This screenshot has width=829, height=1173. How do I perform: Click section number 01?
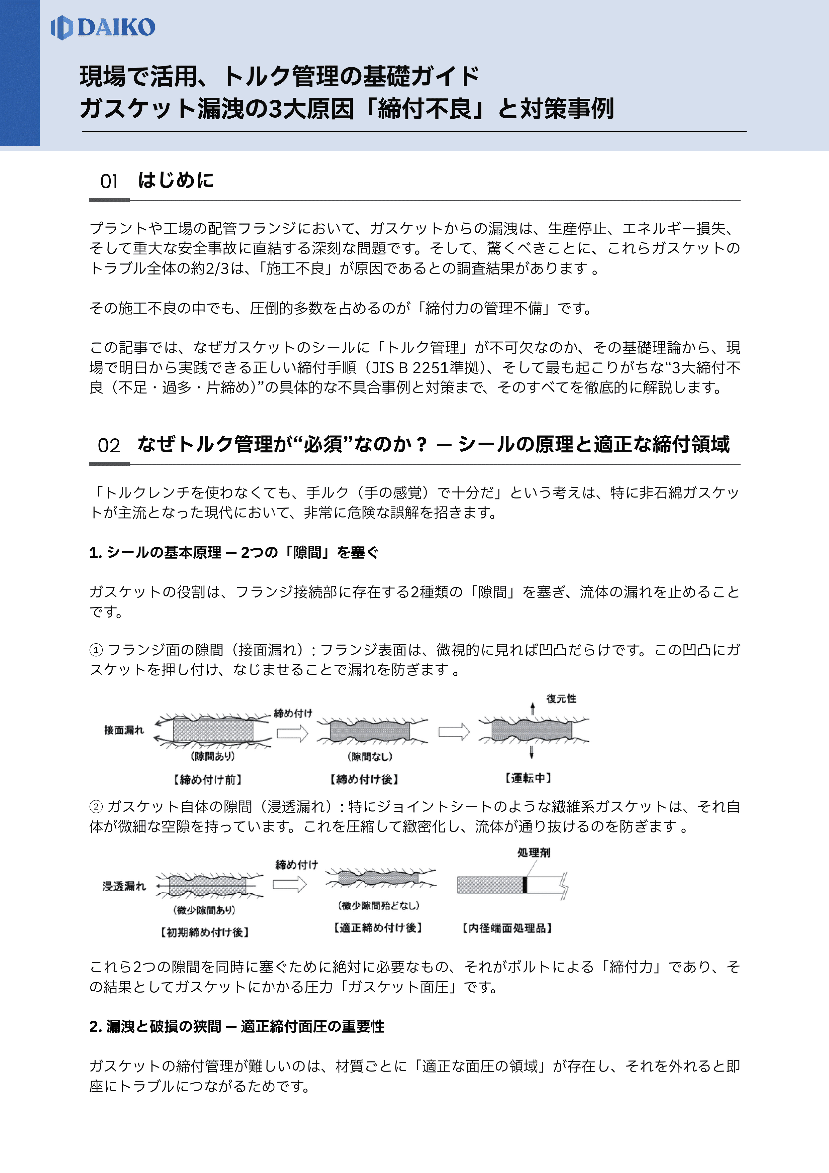109,181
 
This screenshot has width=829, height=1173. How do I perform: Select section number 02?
109,445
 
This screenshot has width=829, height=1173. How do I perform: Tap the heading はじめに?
176,180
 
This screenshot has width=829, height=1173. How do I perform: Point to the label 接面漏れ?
124,730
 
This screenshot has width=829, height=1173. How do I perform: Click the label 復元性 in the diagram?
561,698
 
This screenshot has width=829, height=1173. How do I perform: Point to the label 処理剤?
534,852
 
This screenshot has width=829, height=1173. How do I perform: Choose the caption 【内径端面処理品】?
507,928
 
